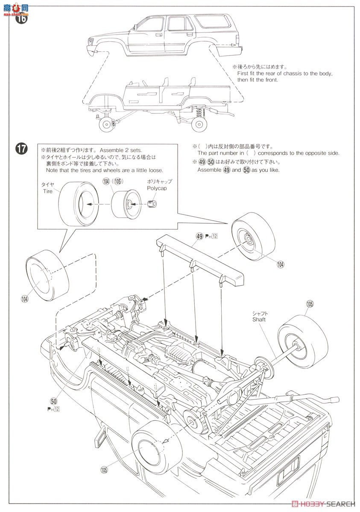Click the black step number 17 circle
(x=21, y=149)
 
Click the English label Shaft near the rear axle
(x=259, y=319)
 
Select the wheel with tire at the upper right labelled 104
(x=249, y=240)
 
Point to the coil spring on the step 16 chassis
(x=199, y=112)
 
